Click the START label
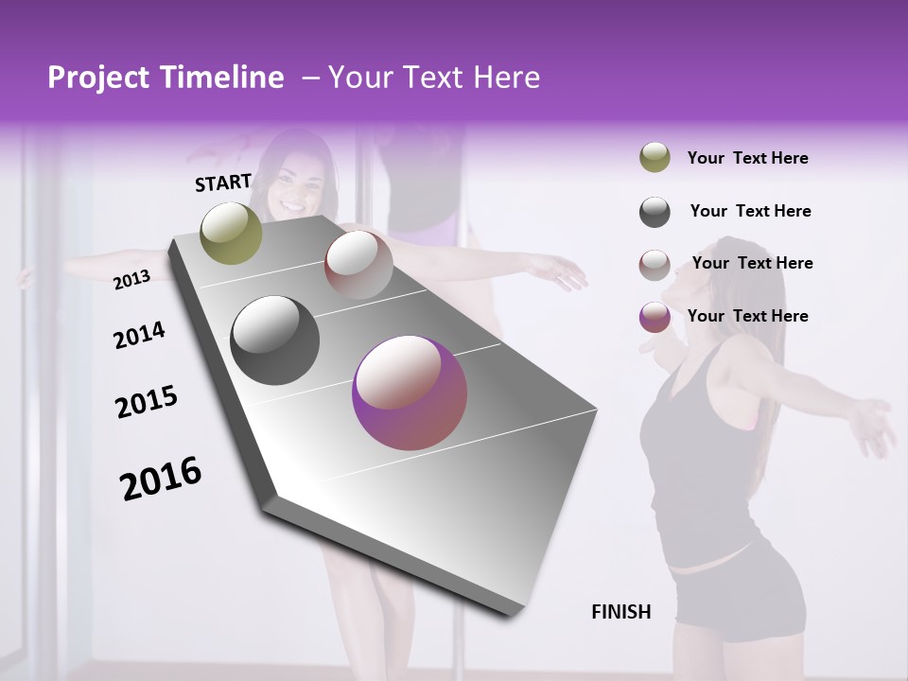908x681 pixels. click(x=223, y=182)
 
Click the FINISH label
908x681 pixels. click(x=621, y=611)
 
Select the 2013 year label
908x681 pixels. click(x=131, y=280)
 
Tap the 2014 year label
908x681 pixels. click(x=139, y=335)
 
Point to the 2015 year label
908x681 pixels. click(x=147, y=401)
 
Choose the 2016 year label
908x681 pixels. click(x=161, y=478)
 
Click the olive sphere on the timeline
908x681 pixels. click(x=232, y=233)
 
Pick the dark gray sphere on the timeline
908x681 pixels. click(x=275, y=340)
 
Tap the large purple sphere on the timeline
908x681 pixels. click(x=410, y=392)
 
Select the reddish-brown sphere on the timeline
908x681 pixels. click(x=358, y=265)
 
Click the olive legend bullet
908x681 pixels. click(x=655, y=158)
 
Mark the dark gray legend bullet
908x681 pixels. click(x=655, y=212)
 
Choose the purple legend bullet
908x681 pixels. click(x=655, y=317)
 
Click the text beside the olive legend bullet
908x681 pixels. click(x=747, y=158)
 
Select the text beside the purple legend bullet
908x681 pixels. click(x=747, y=316)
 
